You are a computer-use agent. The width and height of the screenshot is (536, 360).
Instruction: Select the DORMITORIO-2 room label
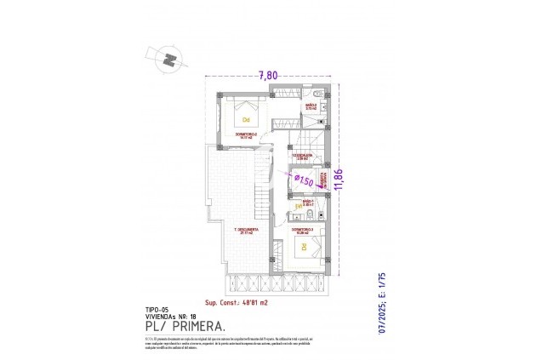pos(244,134)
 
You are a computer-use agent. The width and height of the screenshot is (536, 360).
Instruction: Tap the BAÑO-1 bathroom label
pos(309,203)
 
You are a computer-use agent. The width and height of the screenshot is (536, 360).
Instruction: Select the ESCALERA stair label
pos(303,157)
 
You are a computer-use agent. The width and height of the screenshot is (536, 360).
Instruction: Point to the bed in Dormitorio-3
pos(302,249)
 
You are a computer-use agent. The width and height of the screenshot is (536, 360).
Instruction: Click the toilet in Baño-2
pos(315,92)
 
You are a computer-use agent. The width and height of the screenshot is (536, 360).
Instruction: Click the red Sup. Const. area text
pos(237,302)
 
